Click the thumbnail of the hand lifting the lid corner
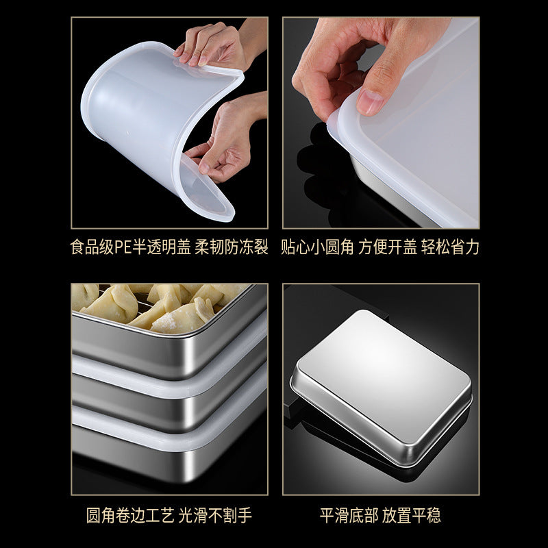pyautogui.click(x=381, y=123)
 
